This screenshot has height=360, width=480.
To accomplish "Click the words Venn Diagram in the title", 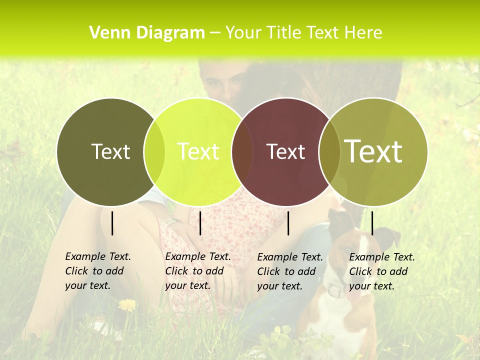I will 147,33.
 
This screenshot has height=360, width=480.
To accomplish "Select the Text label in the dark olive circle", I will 110,151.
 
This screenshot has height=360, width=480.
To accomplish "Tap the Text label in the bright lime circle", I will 198,151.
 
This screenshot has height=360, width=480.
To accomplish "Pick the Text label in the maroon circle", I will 285,151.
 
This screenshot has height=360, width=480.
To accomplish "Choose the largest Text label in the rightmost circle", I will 373,151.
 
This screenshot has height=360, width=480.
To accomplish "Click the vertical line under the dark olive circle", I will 112,223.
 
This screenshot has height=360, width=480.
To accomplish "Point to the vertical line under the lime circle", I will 200,223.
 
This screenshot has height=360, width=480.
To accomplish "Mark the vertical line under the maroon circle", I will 288,223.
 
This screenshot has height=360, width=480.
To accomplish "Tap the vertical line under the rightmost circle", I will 372,223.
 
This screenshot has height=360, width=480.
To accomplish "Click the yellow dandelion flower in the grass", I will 127,304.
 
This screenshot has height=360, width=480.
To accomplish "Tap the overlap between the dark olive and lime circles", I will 154,151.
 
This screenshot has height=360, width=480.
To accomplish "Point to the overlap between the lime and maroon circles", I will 242,151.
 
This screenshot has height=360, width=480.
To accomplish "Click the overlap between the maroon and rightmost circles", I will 329,151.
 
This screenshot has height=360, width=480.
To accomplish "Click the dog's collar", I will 336,290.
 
